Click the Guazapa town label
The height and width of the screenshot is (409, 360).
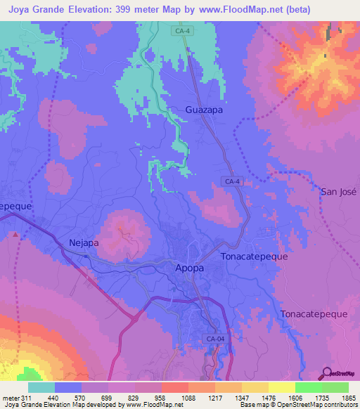(x=205, y=110)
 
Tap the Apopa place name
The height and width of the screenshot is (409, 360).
(x=188, y=268)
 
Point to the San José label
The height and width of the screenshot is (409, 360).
(x=339, y=192)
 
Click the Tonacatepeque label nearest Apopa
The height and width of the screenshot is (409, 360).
(x=254, y=257)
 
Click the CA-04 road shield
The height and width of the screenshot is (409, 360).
(x=216, y=339)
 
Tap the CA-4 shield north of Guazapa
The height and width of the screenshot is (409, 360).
(x=184, y=30)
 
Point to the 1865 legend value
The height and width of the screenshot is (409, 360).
(x=339, y=398)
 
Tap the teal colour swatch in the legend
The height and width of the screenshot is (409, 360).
(x=41, y=387)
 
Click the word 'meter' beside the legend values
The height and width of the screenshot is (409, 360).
(x=11, y=398)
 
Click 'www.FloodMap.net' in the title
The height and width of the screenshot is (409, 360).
(x=233, y=10)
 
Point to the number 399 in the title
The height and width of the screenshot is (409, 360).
(x=137, y=10)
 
